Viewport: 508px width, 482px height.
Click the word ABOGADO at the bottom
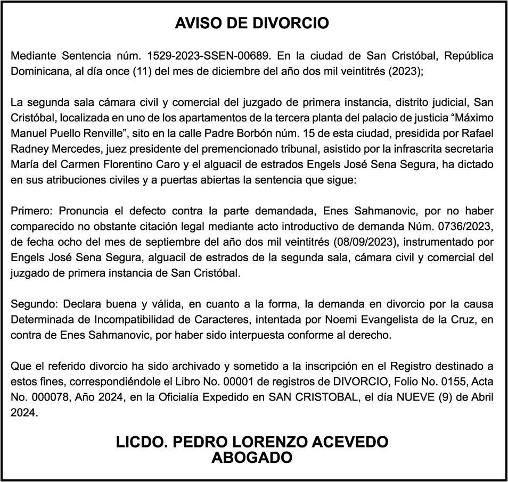252,458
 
